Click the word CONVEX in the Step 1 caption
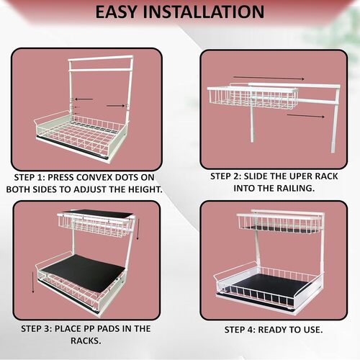tap(94, 177)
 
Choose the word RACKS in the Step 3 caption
tap(86, 341)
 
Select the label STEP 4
tap(240, 330)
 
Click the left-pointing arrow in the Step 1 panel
tap(84, 99)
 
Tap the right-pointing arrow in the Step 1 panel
tap(116, 105)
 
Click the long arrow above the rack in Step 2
tap(269, 78)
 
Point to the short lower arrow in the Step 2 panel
tap(306, 116)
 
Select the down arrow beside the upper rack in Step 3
tap(138, 229)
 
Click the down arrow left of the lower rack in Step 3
tap(33, 282)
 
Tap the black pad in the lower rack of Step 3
tap(84, 272)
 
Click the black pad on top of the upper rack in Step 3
tap(99, 213)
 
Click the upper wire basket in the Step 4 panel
tap(279, 222)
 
